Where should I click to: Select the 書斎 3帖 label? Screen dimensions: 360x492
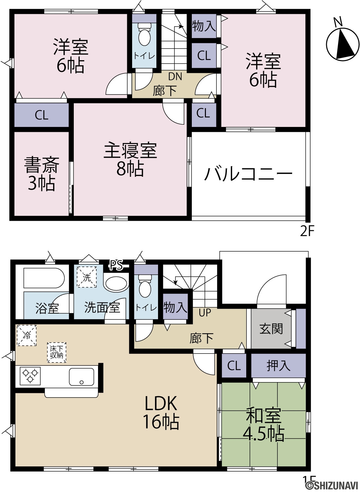(x=42, y=174)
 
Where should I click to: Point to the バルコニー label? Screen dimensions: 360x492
(x=249, y=174)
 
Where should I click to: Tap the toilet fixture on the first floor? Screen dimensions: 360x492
(x=145, y=286)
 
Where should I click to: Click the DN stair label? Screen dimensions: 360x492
(x=175, y=76)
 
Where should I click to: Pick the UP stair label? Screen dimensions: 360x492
(x=205, y=313)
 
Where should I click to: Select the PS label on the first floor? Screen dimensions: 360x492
(x=116, y=265)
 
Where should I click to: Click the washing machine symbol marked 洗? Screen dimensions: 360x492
(x=87, y=277)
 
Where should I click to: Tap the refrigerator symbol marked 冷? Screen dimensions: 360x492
(x=27, y=336)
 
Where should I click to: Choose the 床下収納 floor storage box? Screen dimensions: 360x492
(x=57, y=352)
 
